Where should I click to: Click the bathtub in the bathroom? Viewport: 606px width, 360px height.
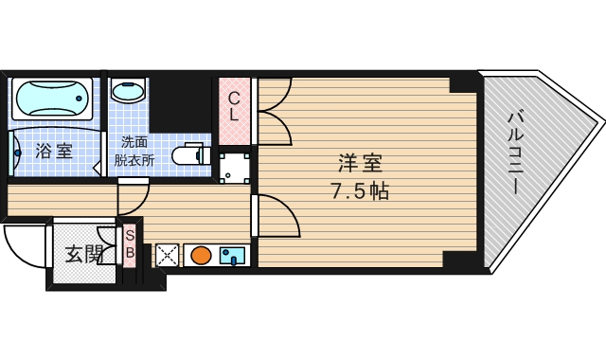click(x=52, y=99)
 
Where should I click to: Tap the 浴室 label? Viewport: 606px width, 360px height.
click(x=54, y=151)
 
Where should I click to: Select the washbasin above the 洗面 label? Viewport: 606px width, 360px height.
click(x=128, y=91)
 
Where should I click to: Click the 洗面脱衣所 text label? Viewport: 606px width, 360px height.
click(x=134, y=151)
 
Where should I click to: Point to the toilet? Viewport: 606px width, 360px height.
click(x=191, y=153)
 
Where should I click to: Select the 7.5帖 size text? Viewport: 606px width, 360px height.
click(x=359, y=191)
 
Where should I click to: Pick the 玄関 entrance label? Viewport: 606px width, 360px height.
click(x=83, y=254)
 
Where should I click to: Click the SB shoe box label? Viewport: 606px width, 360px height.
click(x=130, y=245)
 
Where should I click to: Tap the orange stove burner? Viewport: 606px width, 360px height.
click(x=201, y=255)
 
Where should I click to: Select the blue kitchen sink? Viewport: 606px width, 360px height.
click(x=232, y=255)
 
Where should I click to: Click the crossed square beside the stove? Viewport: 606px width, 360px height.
click(x=167, y=255)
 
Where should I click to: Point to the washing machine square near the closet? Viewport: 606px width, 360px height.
click(x=234, y=167)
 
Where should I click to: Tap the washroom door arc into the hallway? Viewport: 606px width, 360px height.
click(x=134, y=197)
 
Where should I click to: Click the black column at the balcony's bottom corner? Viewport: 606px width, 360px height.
click(x=463, y=260)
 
